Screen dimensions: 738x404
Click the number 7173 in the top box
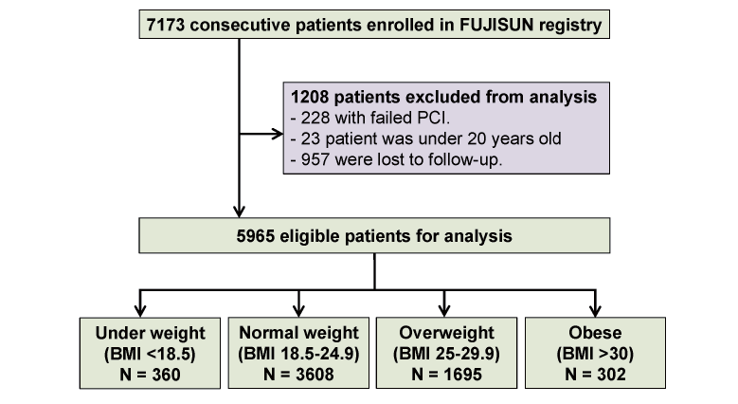[x=165, y=25]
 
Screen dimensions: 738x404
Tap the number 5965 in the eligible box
[x=256, y=236]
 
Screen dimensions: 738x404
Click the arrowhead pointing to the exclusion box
[x=278, y=134]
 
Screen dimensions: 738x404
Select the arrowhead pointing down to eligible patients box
[x=239, y=211]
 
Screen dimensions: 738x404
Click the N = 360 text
[x=150, y=375]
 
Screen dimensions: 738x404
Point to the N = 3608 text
[x=298, y=375]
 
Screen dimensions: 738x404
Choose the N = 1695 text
[x=446, y=375]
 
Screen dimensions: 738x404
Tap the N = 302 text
[x=595, y=375]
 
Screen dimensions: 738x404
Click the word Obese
[x=595, y=333]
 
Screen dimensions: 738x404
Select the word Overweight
[x=446, y=333]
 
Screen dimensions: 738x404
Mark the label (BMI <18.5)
[x=150, y=354]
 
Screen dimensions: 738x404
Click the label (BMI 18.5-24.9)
[x=298, y=354]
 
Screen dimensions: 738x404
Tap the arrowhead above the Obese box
[x=595, y=311]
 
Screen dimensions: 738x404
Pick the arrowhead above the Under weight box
[x=140, y=311]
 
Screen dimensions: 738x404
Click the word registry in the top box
[x=570, y=26]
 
